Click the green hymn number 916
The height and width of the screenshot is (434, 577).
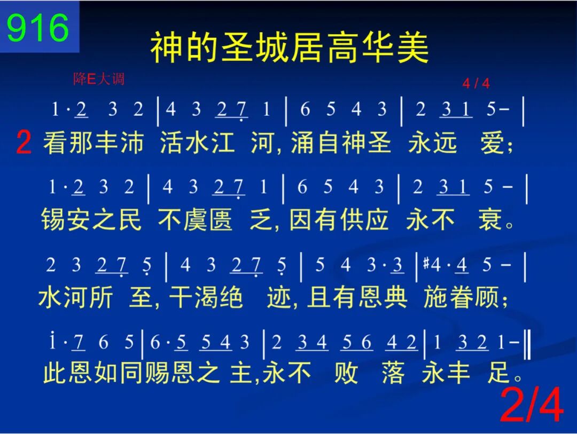(x=37, y=28)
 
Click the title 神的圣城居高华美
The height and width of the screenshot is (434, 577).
(x=290, y=48)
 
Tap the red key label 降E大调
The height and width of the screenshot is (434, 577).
(x=99, y=78)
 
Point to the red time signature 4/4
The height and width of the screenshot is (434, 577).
(x=476, y=83)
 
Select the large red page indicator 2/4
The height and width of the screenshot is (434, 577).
(x=532, y=405)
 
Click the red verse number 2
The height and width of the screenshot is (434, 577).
(x=24, y=143)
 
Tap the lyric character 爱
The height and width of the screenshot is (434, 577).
(x=493, y=143)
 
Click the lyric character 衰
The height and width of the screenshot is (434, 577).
(x=490, y=219)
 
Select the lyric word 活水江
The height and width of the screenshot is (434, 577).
(x=197, y=143)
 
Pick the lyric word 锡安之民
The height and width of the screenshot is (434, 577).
(x=91, y=219)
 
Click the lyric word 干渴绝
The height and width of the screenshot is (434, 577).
(x=206, y=297)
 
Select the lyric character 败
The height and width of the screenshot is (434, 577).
(x=346, y=372)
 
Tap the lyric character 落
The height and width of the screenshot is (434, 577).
(x=393, y=372)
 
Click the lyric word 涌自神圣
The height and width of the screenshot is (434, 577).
(x=341, y=143)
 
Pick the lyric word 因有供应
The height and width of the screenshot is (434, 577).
(x=339, y=219)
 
